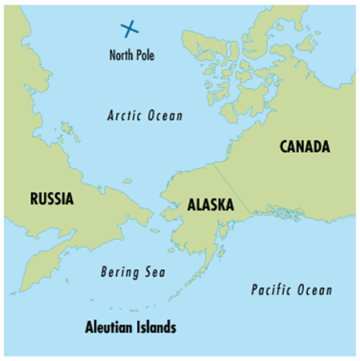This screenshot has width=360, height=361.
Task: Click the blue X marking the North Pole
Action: pos(130,29)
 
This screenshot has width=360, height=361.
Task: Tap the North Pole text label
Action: pos(131,55)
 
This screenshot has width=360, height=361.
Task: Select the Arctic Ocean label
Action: pos(145,115)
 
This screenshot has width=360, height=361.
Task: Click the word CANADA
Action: pos(305,146)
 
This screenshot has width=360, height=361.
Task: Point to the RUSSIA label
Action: pos(52,197)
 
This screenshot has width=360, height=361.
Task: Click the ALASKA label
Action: pos(210,205)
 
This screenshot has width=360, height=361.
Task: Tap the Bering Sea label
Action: pos(133,272)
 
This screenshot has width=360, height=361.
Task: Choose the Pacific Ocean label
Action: pos(291,290)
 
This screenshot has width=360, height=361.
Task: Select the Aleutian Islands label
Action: pos(131,327)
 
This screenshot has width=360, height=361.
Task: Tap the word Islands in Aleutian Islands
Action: pos(157,327)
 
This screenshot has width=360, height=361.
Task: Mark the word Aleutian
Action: pos(110,327)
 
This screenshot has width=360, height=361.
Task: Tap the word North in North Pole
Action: pos(122,55)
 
